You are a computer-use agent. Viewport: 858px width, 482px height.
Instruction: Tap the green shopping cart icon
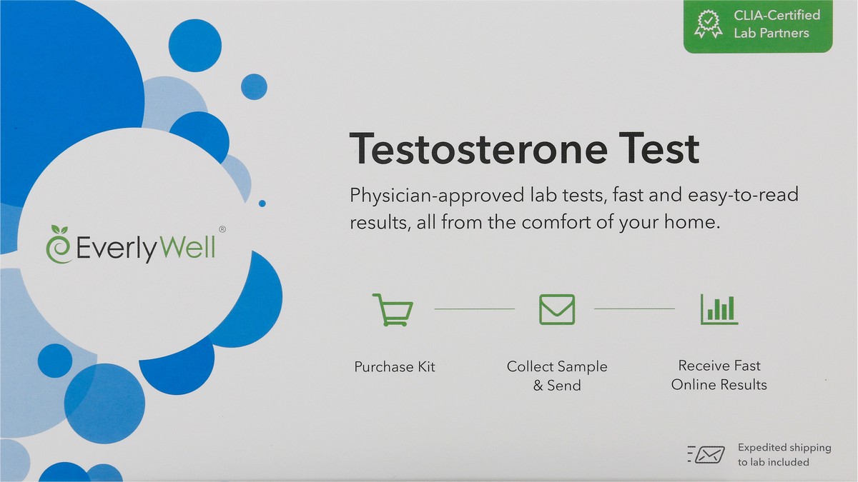pos(393,310)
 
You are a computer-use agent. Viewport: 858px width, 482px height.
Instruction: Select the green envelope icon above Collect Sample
pos(556,308)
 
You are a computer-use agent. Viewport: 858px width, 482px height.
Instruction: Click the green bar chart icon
pos(719,309)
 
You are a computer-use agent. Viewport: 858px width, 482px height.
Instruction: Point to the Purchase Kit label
pos(395,367)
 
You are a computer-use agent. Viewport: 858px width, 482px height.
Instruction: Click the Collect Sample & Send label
pos(557,376)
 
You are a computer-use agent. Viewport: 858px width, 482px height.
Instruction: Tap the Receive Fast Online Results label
pos(719,375)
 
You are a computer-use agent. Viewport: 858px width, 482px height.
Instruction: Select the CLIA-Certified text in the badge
pos(777,15)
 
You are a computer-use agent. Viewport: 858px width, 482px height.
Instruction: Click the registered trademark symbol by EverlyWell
pos(222,230)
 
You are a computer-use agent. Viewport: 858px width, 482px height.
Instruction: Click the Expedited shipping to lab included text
pos(784,455)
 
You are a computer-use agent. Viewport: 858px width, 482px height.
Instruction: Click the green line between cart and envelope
pos(474,308)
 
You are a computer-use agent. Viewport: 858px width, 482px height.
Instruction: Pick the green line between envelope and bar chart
pos(634,308)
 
